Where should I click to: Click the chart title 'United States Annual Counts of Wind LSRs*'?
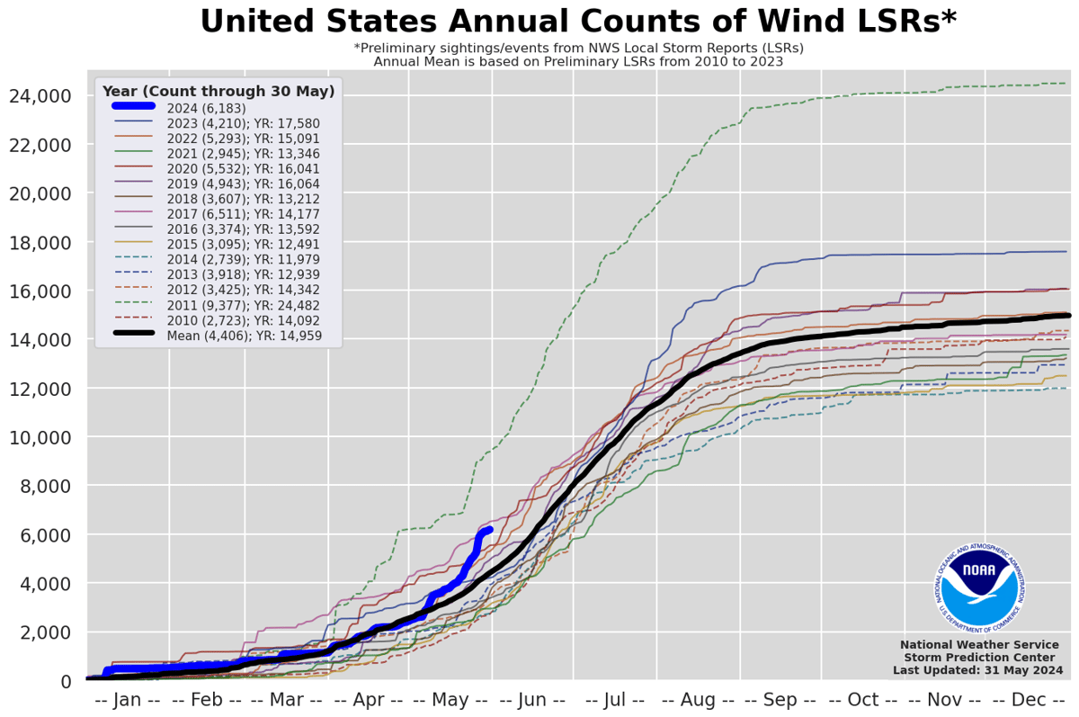[577, 22]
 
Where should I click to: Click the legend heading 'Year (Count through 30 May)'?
[218, 91]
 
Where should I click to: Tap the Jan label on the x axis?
[127, 700]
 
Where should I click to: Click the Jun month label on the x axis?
[533, 700]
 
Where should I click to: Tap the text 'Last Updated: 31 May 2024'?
[977, 670]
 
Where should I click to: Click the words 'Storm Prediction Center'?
[982, 658]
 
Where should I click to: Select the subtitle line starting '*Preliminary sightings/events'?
[578, 48]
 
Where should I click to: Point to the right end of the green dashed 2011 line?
[1066, 84]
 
